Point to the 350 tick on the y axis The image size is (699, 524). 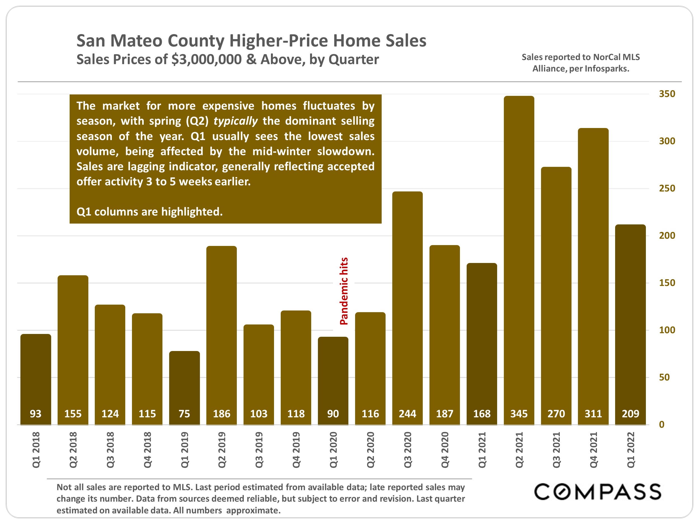[x=667, y=94]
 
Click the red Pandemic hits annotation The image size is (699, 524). [x=344, y=291]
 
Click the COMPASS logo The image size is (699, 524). [x=598, y=492]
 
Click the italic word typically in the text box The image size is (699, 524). [x=235, y=121]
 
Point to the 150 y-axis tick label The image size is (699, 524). [x=667, y=283]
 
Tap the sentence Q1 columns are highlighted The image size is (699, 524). [x=150, y=212]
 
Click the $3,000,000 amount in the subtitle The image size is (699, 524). [x=206, y=59]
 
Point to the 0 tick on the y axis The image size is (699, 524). [x=662, y=425]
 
